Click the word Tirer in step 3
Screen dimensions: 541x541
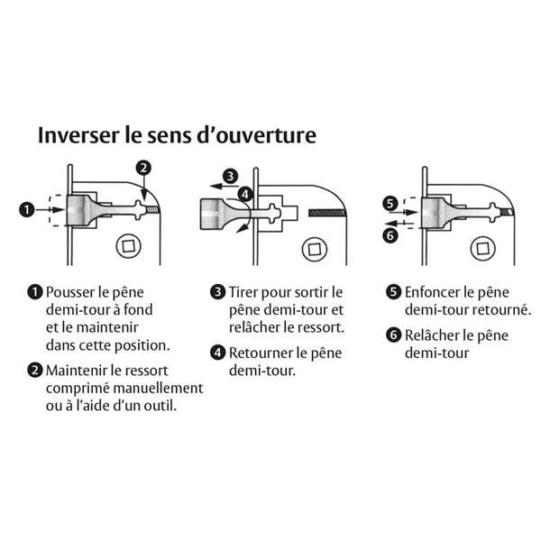246,292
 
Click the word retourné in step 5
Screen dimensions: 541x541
499,309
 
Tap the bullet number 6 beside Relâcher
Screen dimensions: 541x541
392,335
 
